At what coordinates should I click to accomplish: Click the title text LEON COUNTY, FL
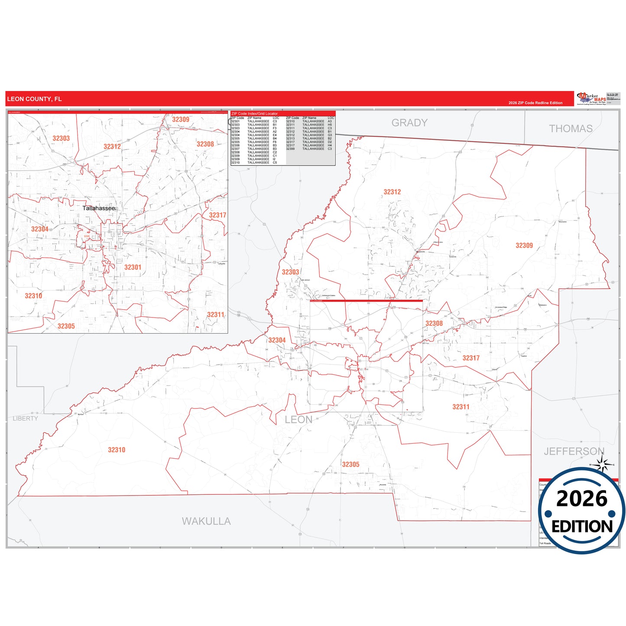click(34, 99)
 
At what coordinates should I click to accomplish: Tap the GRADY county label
click(409, 123)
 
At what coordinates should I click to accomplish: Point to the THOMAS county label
click(571, 129)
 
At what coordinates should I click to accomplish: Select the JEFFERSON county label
click(574, 451)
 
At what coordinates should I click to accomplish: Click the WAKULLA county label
click(206, 521)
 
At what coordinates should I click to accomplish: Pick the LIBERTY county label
click(25, 418)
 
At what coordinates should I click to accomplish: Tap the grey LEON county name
click(298, 419)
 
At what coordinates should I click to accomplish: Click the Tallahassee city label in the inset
click(99, 208)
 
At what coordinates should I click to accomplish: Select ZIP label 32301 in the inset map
click(133, 267)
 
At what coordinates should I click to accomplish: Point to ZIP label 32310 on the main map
click(117, 450)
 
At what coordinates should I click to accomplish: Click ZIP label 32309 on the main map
click(524, 246)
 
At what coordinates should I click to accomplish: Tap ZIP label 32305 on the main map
click(350, 464)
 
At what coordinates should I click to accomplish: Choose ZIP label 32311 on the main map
click(461, 407)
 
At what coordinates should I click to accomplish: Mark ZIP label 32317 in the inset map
click(217, 215)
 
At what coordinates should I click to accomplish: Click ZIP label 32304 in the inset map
click(39, 229)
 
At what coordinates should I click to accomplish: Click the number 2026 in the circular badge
click(581, 499)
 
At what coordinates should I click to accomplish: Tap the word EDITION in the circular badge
click(582, 526)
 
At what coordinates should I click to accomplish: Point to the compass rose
click(602, 465)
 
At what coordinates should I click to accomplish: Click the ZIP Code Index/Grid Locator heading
click(255, 114)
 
